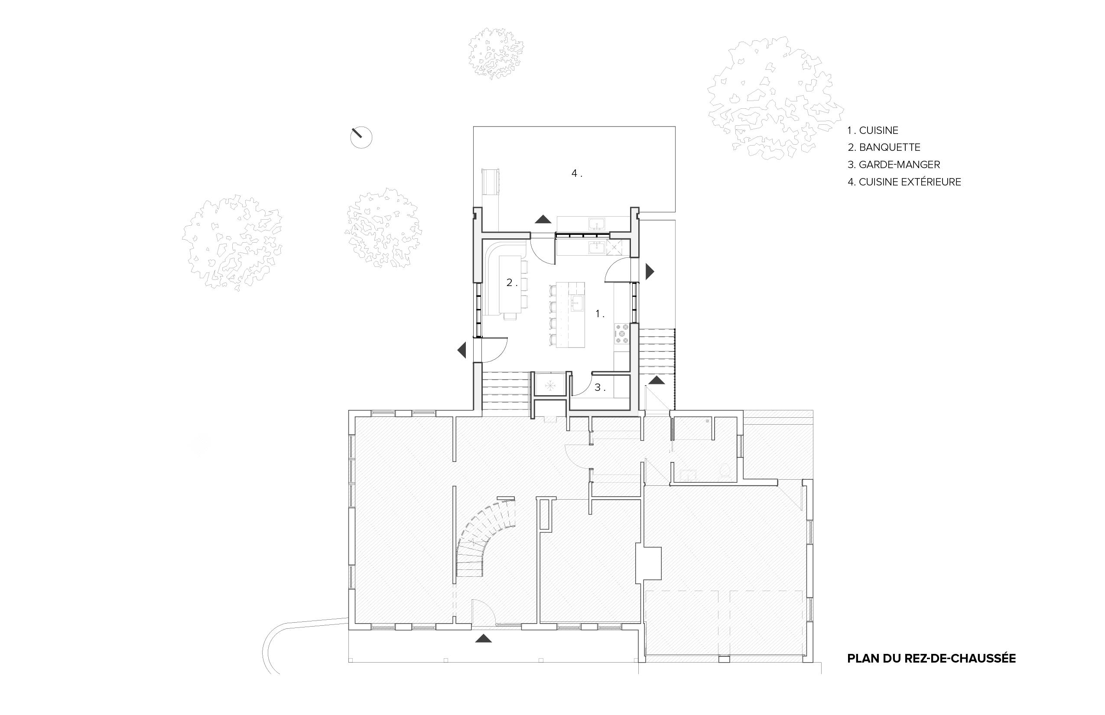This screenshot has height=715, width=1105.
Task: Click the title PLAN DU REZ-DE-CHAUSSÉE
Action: tap(931, 658)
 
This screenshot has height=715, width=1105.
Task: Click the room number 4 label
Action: tap(576, 174)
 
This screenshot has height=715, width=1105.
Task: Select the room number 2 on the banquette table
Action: tap(511, 282)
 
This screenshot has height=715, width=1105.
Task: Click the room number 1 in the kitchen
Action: tap(599, 314)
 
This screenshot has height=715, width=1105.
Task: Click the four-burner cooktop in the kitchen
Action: tap(622, 334)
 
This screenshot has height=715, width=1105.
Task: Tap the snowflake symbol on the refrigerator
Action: tap(550, 385)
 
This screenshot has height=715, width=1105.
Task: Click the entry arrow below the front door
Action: tap(483, 639)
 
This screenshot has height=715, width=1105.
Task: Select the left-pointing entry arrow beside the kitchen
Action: tap(461, 350)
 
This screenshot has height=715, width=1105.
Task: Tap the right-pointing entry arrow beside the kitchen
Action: tap(650, 272)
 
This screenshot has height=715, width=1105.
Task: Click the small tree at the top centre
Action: tap(496, 53)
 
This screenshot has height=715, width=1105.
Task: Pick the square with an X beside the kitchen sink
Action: tap(614, 247)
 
